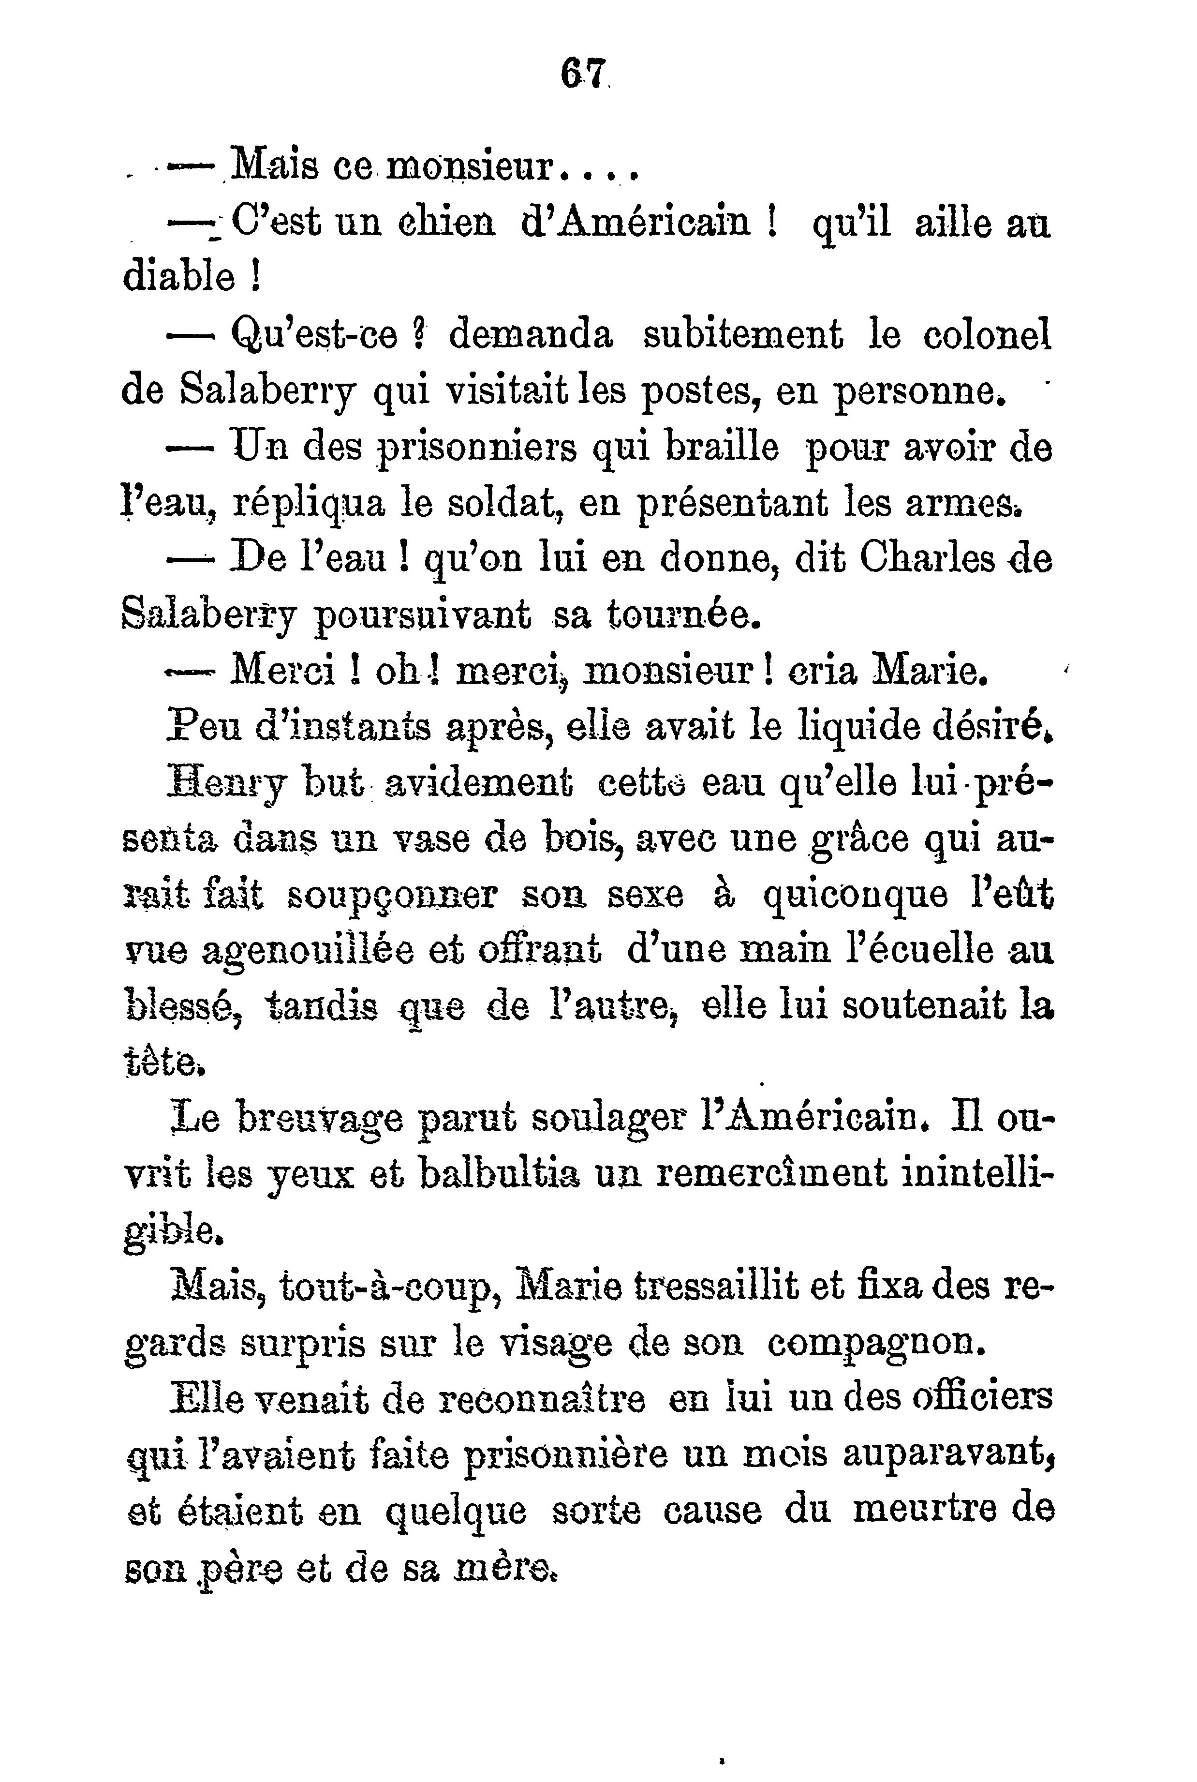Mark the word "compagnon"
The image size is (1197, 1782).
coord(872,1345)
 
